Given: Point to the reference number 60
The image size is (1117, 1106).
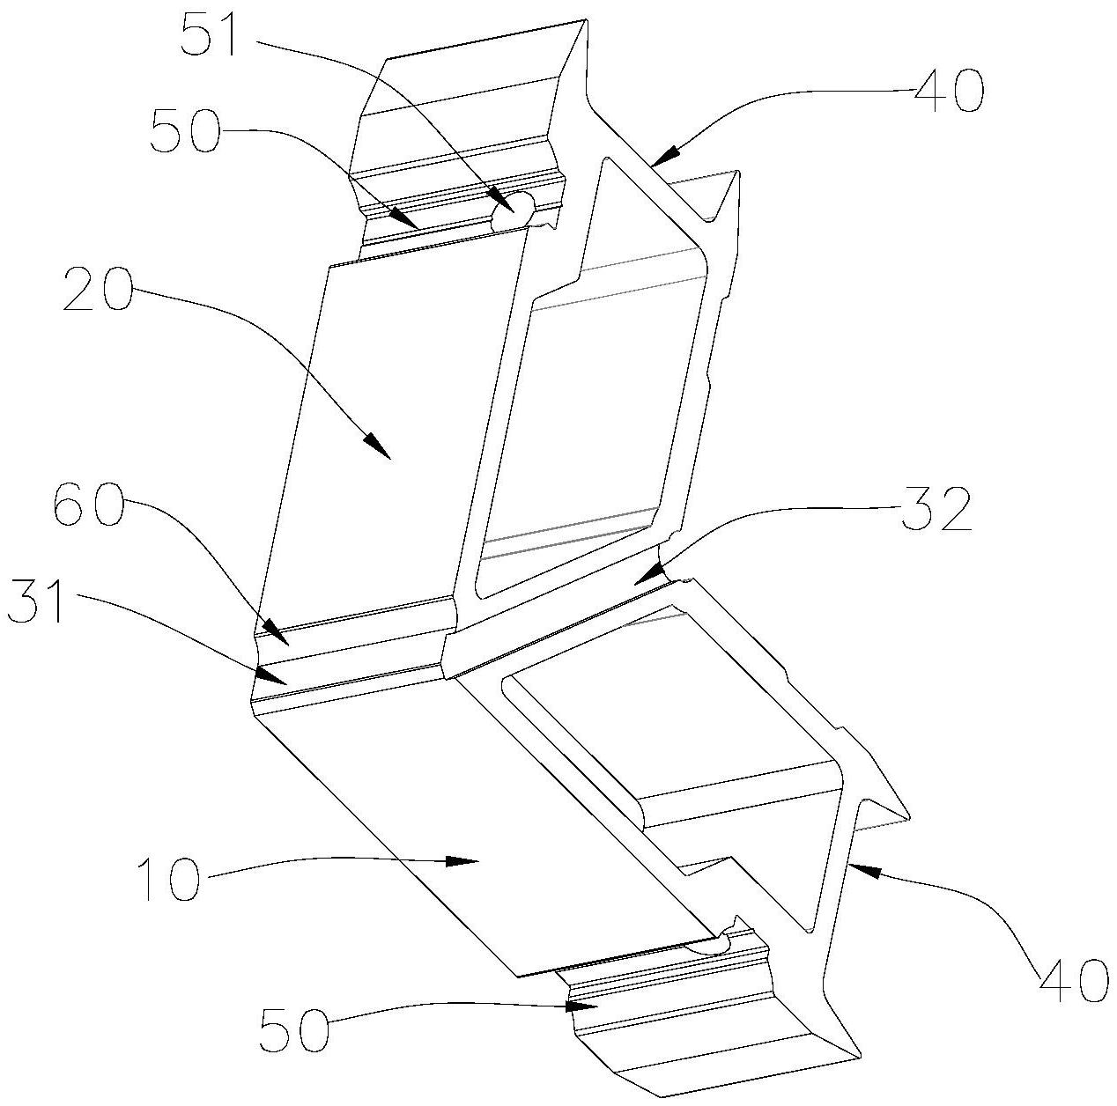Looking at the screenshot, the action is point(88,507).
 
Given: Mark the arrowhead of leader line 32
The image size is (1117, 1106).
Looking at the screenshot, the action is point(638,581).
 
